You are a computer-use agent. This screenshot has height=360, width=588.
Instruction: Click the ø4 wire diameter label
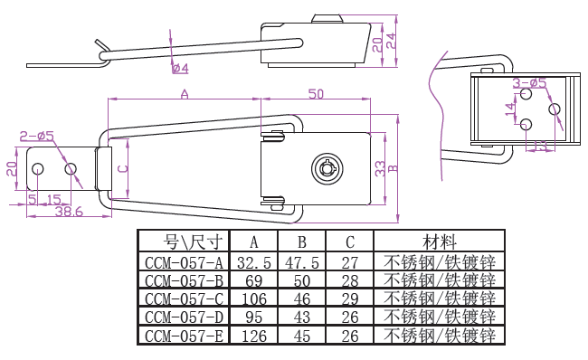tap(180, 68)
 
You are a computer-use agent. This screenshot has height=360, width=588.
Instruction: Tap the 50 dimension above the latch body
tap(316, 94)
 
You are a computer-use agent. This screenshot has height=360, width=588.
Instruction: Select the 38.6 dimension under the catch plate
tap(69, 212)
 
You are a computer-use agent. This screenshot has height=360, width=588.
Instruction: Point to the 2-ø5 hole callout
tap(37, 136)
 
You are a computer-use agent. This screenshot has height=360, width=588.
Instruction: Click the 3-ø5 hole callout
tap(529, 83)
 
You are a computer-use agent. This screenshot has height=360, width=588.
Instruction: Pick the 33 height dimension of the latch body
tap(380, 169)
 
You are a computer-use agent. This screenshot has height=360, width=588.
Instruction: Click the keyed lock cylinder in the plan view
tap(327, 169)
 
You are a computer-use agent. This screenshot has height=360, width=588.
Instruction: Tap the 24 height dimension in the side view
tap(391, 41)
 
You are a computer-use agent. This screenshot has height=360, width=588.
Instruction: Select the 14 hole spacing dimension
tap(510, 109)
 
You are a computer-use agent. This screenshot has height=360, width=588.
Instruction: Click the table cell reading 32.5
tap(254, 263)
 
